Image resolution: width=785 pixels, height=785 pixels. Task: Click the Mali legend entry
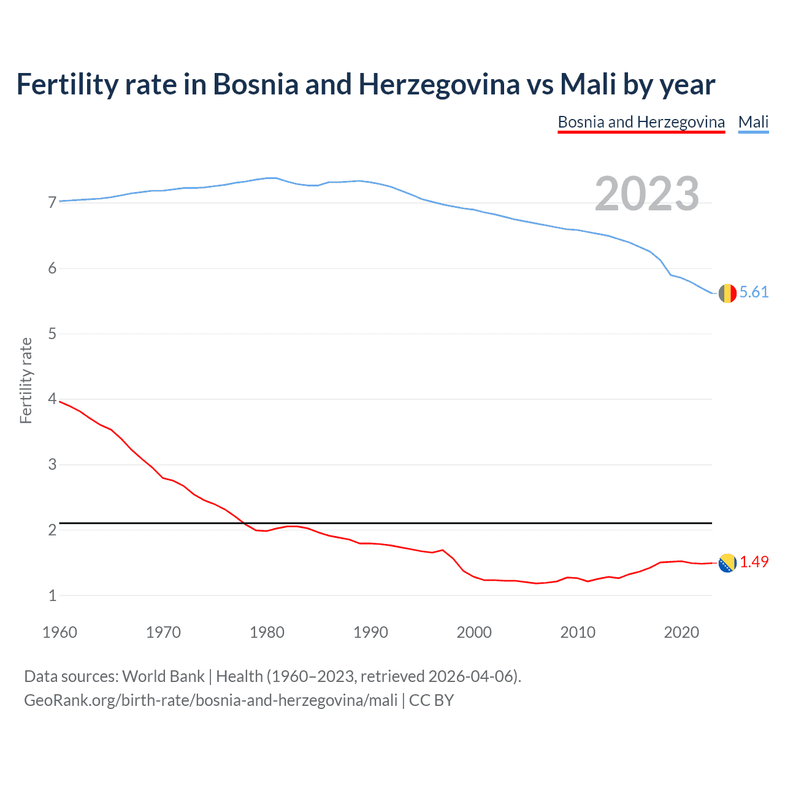[753, 122]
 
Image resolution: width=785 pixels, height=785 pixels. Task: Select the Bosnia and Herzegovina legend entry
[641, 122]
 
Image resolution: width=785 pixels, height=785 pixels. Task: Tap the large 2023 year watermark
[646, 194]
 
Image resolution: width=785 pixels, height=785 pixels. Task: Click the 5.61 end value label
[754, 293]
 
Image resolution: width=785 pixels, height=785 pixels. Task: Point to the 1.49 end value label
[754, 562]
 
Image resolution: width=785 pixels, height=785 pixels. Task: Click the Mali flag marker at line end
[727, 293]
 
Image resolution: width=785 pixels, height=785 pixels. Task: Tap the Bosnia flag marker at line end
[727, 562]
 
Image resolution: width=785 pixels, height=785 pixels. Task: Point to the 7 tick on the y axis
[52, 202]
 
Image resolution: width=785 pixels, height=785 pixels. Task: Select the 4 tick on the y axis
[52, 399]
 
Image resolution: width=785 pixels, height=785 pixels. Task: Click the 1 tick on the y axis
[52, 595]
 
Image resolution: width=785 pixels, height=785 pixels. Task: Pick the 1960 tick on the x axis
[59, 632]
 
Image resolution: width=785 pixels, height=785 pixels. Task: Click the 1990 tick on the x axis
[370, 632]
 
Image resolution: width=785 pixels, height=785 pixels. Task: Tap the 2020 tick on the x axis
[681, 632]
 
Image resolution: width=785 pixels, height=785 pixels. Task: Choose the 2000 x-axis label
[474, 632]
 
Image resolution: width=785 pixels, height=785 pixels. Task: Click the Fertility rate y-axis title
[26, 380]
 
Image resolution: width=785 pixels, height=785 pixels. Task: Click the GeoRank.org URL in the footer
[210, 700]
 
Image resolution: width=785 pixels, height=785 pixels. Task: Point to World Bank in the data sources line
[163, 676]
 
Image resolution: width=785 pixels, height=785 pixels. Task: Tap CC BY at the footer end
[431, 700]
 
